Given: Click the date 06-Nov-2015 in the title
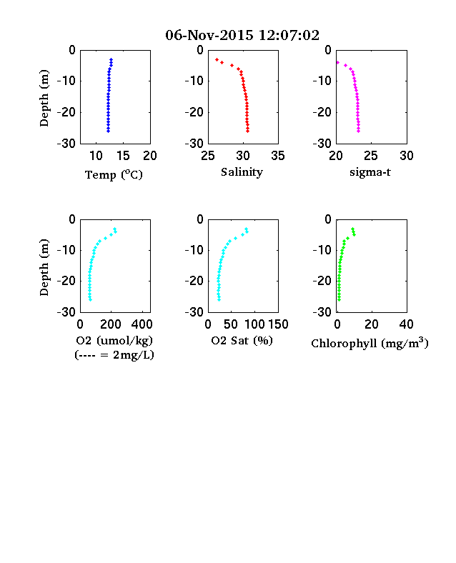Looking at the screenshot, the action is (x=209, y=35).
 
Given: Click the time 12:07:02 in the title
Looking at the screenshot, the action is (x=289, y=35).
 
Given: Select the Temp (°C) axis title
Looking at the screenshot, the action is (x=114, y=174).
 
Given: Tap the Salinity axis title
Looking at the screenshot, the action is (x=242, y=172).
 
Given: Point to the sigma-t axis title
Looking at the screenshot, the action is (x=370, y=172).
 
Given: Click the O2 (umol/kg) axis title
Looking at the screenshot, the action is (x=114, y=340).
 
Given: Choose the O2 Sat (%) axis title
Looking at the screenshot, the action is (x=242, y=340).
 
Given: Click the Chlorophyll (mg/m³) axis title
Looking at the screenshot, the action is (x=370, y=343).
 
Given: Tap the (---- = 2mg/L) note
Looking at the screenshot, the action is (x=114, y=355).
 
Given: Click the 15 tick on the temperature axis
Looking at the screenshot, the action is (x=123, y=156).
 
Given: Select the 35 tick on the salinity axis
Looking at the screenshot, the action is (x=278, y=156).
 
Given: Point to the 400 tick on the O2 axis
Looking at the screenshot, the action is (x=142, y=324).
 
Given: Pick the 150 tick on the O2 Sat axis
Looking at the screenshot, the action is (x=278, y=324).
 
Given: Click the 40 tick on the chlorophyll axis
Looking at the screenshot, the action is (x=406, y=324).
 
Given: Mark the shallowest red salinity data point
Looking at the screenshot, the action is (x=217, y=59).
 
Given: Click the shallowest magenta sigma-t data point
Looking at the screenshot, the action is (x=337, y=62).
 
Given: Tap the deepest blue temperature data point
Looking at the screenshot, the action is (x=108, y=131).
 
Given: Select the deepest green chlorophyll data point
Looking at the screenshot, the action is (x=339, y=299).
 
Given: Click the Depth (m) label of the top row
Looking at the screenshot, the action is (x=44, y=98).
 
